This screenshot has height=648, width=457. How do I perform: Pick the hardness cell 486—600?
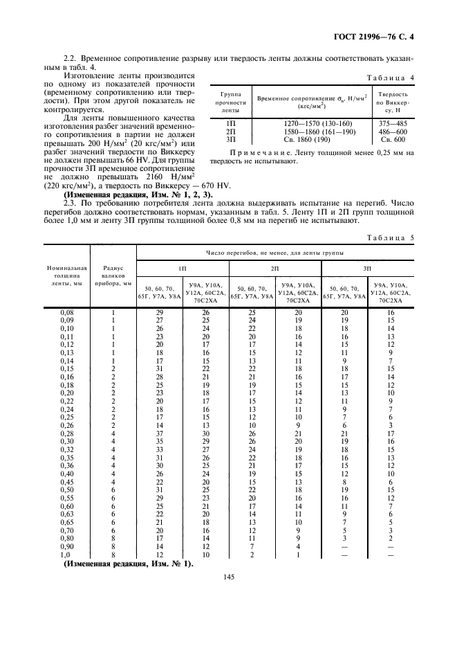[393, 131]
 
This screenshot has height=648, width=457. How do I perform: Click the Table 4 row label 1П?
[231, 123]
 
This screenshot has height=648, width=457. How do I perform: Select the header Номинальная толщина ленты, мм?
[67, 276]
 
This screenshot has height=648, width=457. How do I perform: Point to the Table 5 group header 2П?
[274, 267]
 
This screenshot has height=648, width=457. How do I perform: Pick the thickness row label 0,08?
[67, 312]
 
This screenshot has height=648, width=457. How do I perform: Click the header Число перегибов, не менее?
[274, 253]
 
